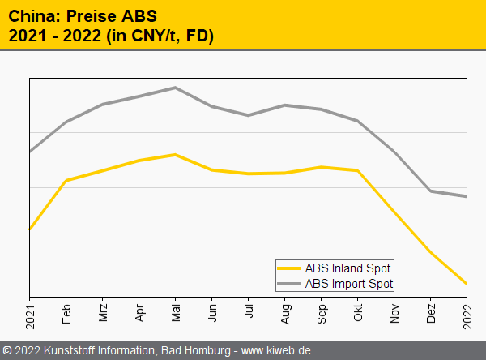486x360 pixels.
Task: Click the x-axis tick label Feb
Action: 66,311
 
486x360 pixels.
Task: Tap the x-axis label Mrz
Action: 103,312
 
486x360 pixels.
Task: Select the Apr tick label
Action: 139,311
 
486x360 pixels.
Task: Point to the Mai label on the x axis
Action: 176,311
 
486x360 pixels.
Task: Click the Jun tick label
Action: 212,311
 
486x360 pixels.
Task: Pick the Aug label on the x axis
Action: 285,311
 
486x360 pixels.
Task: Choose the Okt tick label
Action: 358,311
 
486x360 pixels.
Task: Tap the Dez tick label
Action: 431,311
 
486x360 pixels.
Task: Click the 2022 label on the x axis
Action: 467,314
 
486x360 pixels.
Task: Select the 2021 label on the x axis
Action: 30,314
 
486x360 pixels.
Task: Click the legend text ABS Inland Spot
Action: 348,268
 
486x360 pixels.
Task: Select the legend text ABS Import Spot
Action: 349,284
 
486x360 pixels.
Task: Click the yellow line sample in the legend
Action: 288,268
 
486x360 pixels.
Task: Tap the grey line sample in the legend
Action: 288,284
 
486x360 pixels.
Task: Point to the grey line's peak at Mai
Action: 176,88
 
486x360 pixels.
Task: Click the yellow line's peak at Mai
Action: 176,154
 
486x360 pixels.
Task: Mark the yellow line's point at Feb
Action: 66,180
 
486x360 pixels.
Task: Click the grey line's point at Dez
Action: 431,191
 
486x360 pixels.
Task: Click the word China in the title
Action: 31,15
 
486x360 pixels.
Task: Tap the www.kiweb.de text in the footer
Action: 276,350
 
